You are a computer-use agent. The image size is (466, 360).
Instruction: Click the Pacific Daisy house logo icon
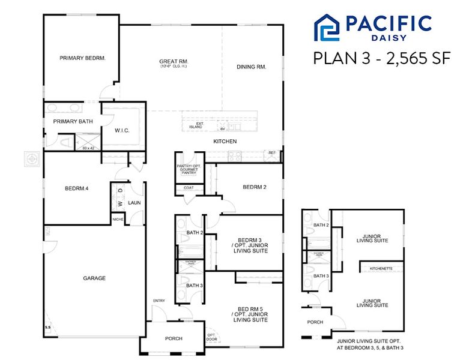328,28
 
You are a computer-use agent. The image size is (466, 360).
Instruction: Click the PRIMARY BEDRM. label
82,58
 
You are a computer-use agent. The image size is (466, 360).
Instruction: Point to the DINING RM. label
251,67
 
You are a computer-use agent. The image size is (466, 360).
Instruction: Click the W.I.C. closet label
123,130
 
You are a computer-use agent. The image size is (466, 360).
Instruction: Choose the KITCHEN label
225,142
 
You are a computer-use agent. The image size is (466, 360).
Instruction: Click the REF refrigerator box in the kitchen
272,153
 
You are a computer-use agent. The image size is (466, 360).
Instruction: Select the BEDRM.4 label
77,188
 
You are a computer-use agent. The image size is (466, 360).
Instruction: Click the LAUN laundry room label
134,203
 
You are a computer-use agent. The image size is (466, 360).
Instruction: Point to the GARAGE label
94,278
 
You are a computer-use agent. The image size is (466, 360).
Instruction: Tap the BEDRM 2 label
254,187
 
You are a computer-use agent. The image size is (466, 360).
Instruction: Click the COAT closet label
189,188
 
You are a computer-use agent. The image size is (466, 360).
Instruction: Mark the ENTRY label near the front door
159,301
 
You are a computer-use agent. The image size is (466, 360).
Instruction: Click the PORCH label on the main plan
174,338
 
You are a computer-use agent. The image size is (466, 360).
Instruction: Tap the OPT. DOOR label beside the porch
211,337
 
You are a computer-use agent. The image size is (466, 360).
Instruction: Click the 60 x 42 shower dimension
89,148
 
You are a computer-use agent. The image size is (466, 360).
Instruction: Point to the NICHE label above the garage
119,219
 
